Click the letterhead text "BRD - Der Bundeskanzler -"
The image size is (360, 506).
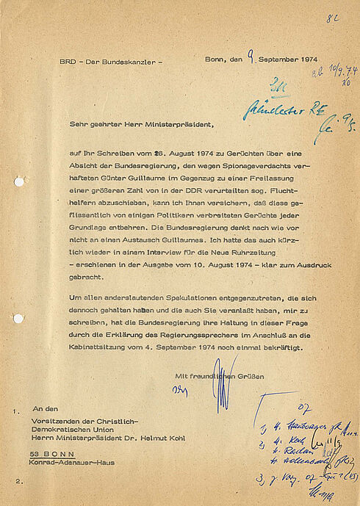110,62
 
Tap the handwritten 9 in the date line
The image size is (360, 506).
251,52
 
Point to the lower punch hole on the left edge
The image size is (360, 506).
18,318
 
